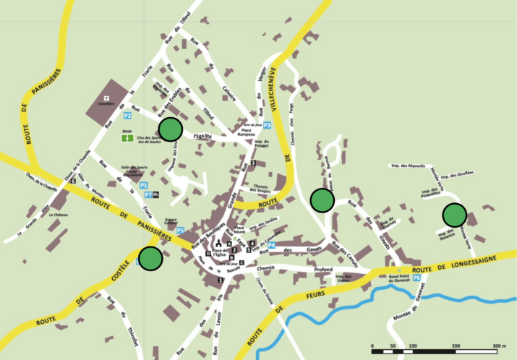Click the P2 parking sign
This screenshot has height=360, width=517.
pos(127,116)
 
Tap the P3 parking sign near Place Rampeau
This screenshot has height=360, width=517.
pos(267,125)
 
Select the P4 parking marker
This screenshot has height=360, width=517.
pos(271,245)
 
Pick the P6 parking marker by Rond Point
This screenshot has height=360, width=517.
pos(417,278)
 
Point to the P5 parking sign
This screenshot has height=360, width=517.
pos(180,230)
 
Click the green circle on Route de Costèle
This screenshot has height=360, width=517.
pos(150,258)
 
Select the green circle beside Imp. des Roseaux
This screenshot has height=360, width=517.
pos(454,215)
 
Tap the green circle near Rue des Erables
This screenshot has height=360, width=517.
pos(171,129)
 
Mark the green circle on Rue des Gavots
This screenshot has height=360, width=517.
pos(322,199)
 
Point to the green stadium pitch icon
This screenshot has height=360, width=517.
pos(127,136)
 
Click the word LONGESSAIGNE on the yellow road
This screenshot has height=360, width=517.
pos(482,259)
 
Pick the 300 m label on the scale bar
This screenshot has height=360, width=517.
pos(498,346)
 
